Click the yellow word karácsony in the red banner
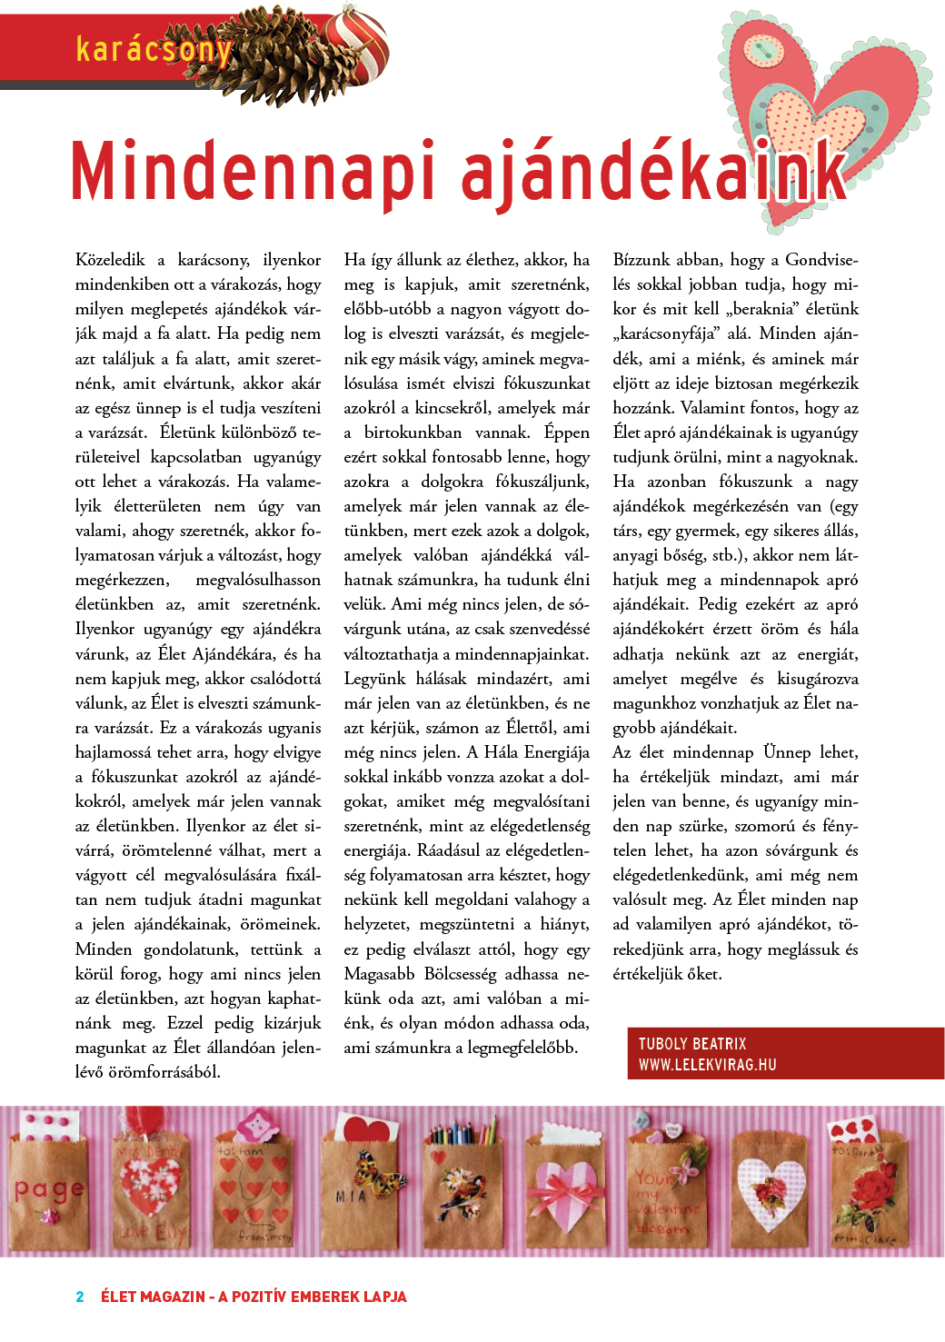pyautogui.click(x=154, y=48)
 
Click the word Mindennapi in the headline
pyautogui.click(x=253, y=172)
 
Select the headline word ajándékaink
pyautogui.click(x=654, y=172)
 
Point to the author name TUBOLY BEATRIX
pyautogui.click(x=692, y=1044)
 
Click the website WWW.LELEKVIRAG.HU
pyautogui.click(x=707, y=1065)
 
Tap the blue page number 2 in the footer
pyautogui.click(x=80, y=1297)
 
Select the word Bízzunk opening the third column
pyautogui.click(x=644, y=260)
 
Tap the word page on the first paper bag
pyautogui.click(x=49, y=1188)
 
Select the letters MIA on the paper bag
pyautogui.click(x=351, y=1197)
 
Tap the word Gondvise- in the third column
pyautogui.click(x=821, y=260)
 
